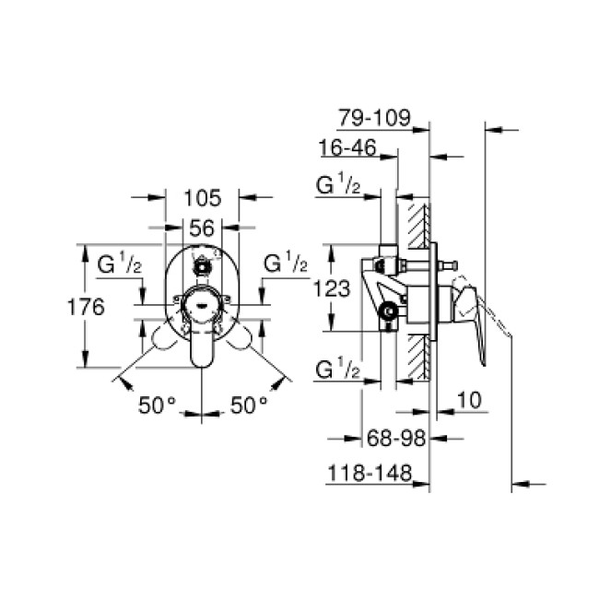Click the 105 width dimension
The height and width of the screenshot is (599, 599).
[x=203, y=196]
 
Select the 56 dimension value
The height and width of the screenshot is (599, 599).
[x=202, y=227]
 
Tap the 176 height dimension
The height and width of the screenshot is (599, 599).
[x=87, y=307]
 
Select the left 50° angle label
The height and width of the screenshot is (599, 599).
[x=157, y=404]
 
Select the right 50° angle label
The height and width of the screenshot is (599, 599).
[x=248, y=404]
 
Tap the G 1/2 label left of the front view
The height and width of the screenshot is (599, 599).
[x=120, y=264]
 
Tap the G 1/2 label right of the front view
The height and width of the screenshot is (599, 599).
[x=285, y=264]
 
